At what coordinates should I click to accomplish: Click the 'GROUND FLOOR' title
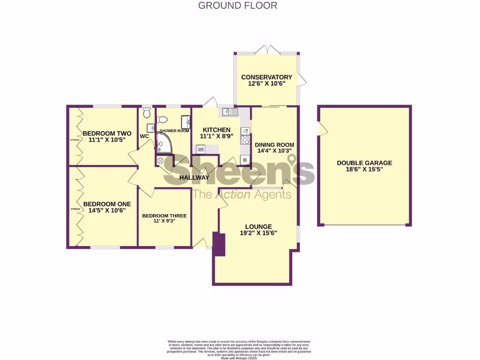238,6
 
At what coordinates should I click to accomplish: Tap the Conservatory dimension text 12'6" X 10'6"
266,83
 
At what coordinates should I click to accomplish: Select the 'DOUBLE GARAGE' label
364,163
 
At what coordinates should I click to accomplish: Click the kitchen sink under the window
230,112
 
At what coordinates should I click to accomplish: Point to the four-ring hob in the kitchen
245,140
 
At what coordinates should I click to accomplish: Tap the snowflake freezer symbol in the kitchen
245,159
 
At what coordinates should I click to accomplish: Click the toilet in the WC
147,112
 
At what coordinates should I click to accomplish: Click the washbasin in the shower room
187,121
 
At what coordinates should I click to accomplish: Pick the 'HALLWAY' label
195,178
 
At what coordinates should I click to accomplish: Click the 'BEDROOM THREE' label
165,216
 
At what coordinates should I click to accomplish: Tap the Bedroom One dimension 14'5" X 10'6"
107,211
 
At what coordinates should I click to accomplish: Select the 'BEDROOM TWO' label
107,133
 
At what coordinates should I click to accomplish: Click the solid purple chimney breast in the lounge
219,244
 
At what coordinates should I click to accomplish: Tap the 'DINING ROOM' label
274,144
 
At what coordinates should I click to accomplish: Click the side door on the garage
321,128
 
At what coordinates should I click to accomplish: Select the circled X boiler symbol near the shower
160,160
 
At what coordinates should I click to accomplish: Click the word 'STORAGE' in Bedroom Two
73,139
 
